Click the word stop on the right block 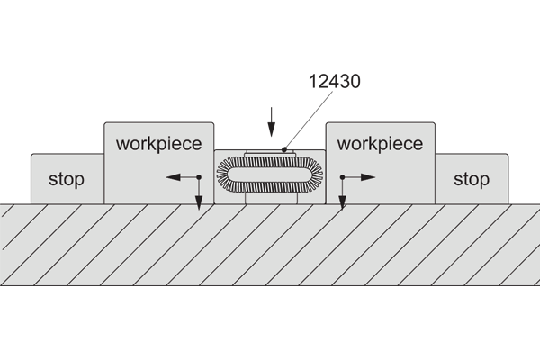(472, 179)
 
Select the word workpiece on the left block (159, 143)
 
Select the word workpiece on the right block (380, 143)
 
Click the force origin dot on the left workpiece (198, 178)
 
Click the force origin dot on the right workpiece (342, 178)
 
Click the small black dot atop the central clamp (285, 149)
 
